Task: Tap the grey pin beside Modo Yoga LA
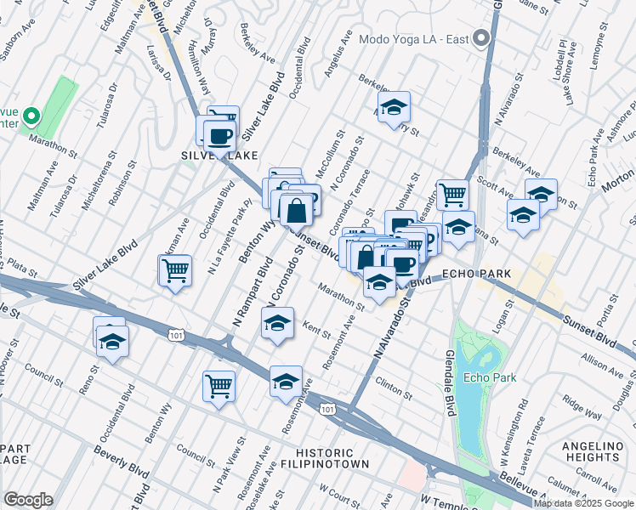[x=482, y=38]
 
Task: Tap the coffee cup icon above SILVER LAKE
[x=220, y=136]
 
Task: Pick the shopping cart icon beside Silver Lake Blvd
[x=175, y=271]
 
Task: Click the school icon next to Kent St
[x=276, y=324]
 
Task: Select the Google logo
[x=28, y=500]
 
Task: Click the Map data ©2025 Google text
[x=584, y=503]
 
